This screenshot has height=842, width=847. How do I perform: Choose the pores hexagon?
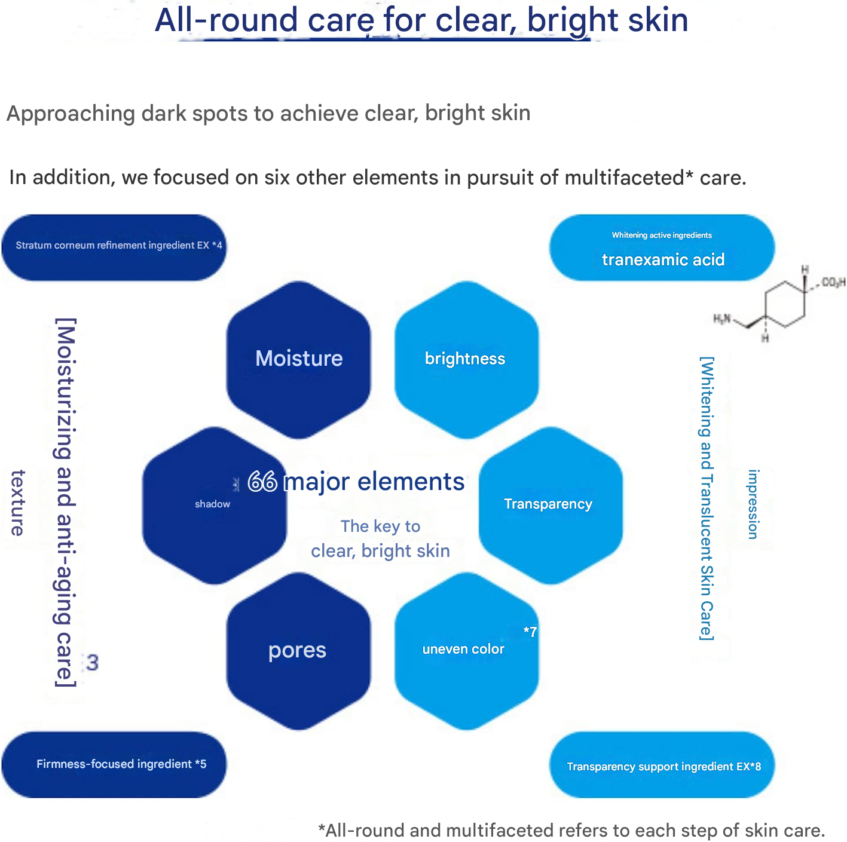point(298,650)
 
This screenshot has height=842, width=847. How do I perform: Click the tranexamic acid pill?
point(662,248)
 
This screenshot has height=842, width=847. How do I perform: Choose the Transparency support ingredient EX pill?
point(662,766)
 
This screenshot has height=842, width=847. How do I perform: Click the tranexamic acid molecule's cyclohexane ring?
point(785,303)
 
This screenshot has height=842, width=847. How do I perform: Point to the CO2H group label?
point(833,282)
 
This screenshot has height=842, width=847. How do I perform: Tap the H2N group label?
point(722,319)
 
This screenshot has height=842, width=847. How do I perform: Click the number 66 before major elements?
point(262,482)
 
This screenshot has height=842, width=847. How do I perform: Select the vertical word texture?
point(19,503)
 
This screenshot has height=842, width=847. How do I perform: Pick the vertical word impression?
point(753,504)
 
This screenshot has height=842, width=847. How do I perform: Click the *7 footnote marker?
point(530,632)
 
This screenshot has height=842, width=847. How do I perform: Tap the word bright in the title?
point(565,20)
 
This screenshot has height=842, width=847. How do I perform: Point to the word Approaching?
point(71,114)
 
